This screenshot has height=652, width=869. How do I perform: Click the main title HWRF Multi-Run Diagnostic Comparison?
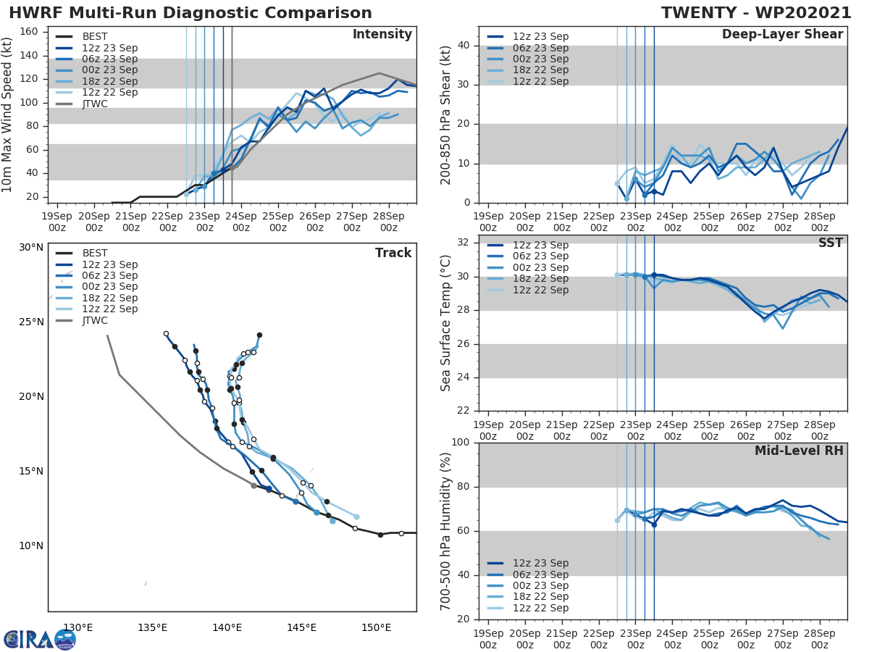pyautogui.click(x=190, y=13)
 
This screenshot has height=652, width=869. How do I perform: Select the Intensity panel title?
pyautogui.click(x=382, y=35)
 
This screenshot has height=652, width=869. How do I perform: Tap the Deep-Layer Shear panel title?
pyautogui.click(x=782, y=35)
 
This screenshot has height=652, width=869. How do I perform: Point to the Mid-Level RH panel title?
pyautogui.click(x=799, y=451)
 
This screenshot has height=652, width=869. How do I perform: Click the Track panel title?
pyautogui.click(x=393, y=253)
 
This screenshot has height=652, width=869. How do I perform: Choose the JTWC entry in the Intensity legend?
pyautogui.click(x=95, y=104)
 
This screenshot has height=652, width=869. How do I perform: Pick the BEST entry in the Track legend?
pyautogui.click(x=96, y=253)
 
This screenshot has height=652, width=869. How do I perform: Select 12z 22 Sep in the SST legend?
pyautogui.click(x=540, y=290)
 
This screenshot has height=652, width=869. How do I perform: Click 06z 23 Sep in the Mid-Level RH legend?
pyautogui.click(x=540, y=574)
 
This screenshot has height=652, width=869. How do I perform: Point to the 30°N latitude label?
pyautogui.click(x=31, y=247)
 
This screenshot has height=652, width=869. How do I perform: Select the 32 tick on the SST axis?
pyautogui.click(x=463, y=243)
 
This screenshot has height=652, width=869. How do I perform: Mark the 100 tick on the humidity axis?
pyautogui.click(x=461, y=442)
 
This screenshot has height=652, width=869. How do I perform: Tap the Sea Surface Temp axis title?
pyautogui.click(x=446, y=323)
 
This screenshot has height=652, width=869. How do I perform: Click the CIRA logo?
pyautogui.click(x=40, y=639)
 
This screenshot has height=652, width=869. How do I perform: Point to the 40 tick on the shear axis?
pyautogui.click(x=463, y=46)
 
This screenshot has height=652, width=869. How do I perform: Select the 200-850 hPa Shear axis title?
pyautogui.click(x=446, y=115)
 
